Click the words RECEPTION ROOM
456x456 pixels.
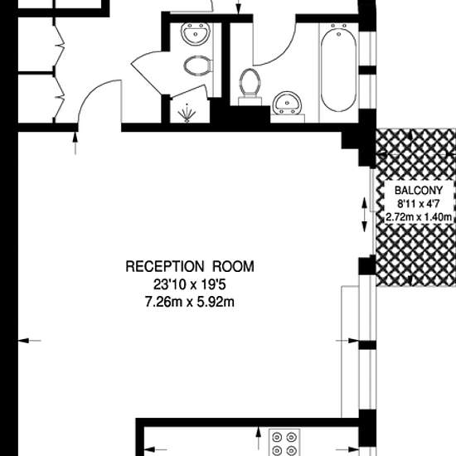(190, 266)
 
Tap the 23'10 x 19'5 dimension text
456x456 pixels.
(190, 284)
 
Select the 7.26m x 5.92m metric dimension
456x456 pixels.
(190, 302)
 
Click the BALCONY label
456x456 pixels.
(419, 191)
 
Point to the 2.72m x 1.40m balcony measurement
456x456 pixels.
(419, 217)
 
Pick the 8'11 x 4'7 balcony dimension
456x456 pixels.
(419, 204)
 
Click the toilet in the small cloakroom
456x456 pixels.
(198, 65)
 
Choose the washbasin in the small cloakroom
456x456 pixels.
(196, 34)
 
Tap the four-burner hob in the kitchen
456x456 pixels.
(284, 442)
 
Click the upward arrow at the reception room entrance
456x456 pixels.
(75, 143)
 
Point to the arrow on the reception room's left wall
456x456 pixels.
(29, 341)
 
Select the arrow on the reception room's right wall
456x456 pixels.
(347, 341)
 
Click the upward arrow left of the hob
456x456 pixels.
(258, 439)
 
